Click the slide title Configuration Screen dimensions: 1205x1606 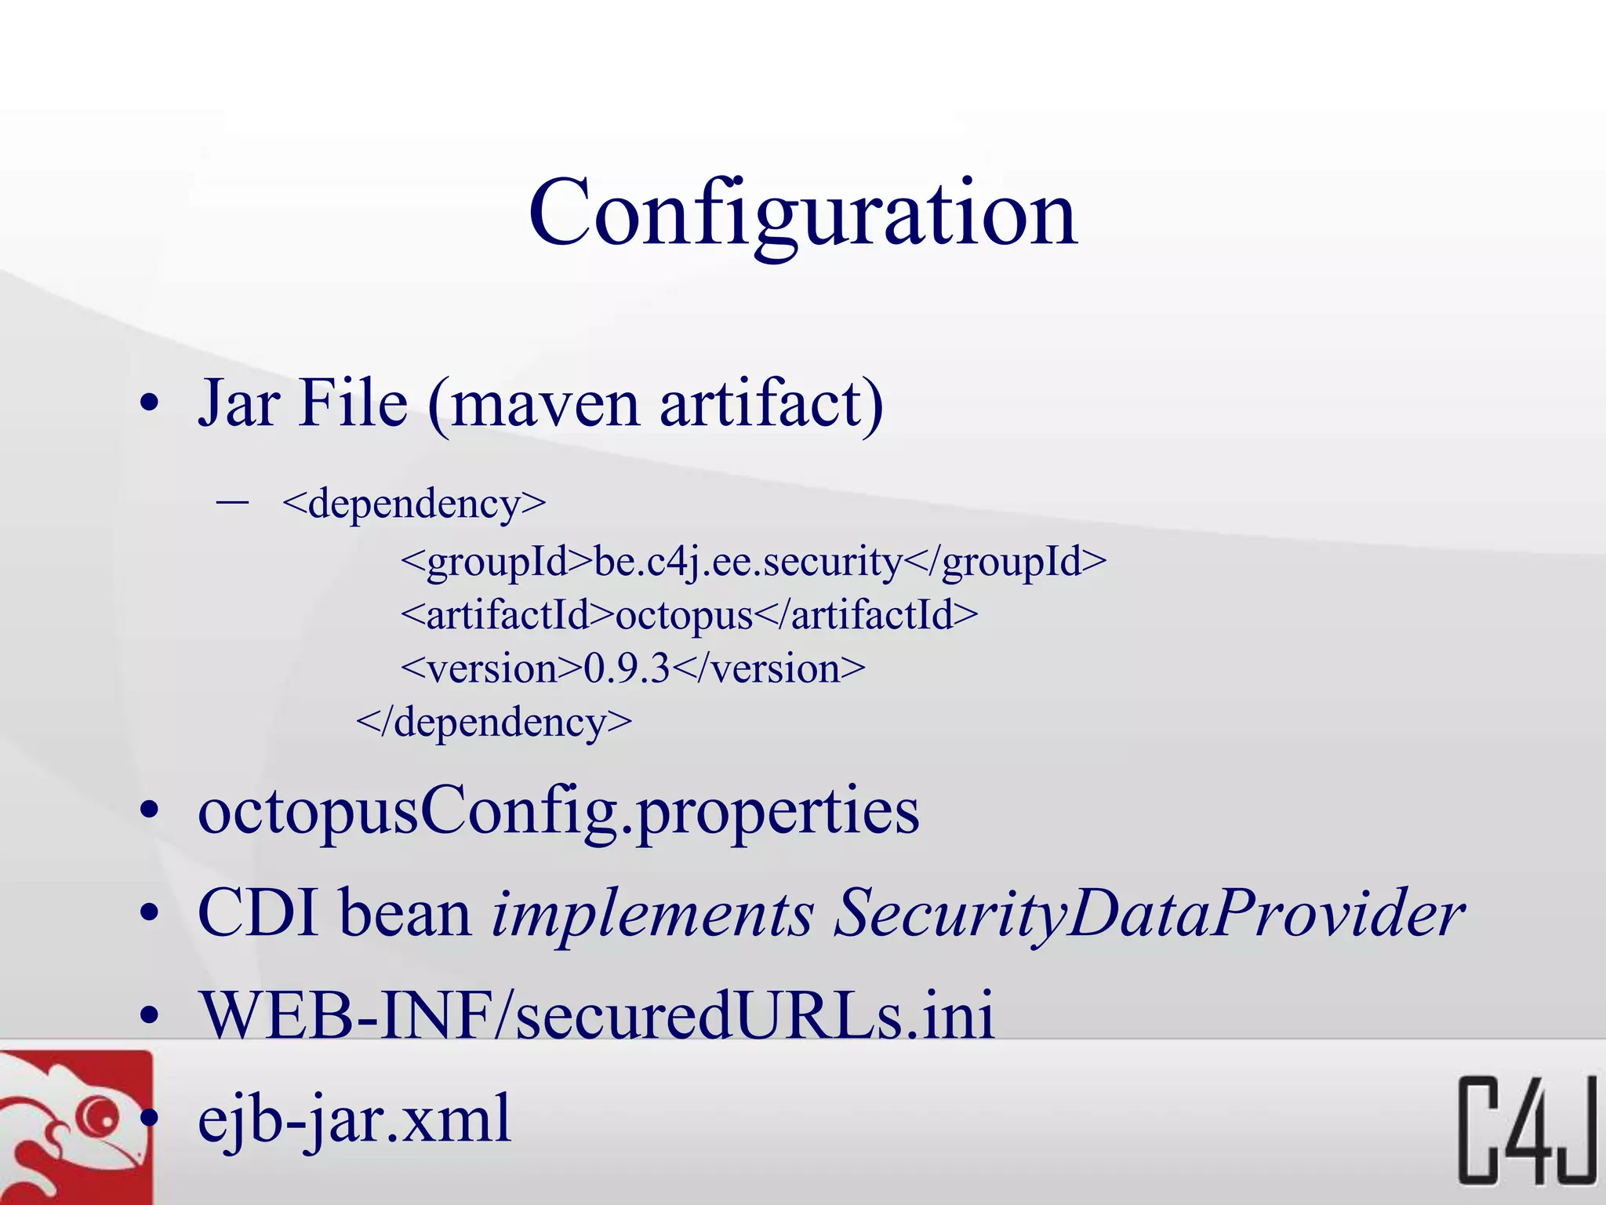[803, 213]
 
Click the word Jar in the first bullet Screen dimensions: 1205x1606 [238, 403]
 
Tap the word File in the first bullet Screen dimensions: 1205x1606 [354, 403]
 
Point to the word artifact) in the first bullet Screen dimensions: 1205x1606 [772, 403]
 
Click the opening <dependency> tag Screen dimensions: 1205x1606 [414, 504]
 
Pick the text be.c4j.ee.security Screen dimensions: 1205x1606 [748, 562]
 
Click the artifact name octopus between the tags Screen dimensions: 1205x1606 [684, 615]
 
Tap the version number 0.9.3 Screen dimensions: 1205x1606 [627, 668]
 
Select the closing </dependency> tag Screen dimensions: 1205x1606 [494, 722]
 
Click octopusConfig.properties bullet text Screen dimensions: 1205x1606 [558, 811]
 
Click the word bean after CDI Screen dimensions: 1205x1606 [405, 913]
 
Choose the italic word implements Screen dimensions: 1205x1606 [652, 915]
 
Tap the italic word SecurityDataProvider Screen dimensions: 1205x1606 [1148, 915]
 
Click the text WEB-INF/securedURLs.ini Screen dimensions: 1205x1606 [596, 1015]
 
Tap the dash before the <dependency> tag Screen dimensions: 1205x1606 [232, 502]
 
